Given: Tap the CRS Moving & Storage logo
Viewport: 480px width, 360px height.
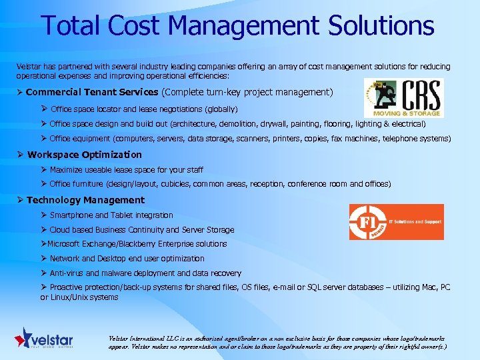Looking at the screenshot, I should point(403,97).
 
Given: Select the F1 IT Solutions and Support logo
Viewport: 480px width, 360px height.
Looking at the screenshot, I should point(396,221).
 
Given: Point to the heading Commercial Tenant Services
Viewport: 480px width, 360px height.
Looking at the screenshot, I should point(92,92).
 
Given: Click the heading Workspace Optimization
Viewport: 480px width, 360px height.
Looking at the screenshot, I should point(85,155).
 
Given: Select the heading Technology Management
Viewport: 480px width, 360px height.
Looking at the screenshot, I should point(85,200).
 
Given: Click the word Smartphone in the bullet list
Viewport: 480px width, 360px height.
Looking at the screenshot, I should point(71,215).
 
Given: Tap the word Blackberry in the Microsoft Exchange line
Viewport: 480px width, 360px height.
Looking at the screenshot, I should point(154,244).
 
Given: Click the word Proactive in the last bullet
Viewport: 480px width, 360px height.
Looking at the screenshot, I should point(68,287).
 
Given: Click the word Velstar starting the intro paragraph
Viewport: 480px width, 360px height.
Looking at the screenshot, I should point(28,67).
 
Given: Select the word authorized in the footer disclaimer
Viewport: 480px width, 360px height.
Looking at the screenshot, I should point(249,339).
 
